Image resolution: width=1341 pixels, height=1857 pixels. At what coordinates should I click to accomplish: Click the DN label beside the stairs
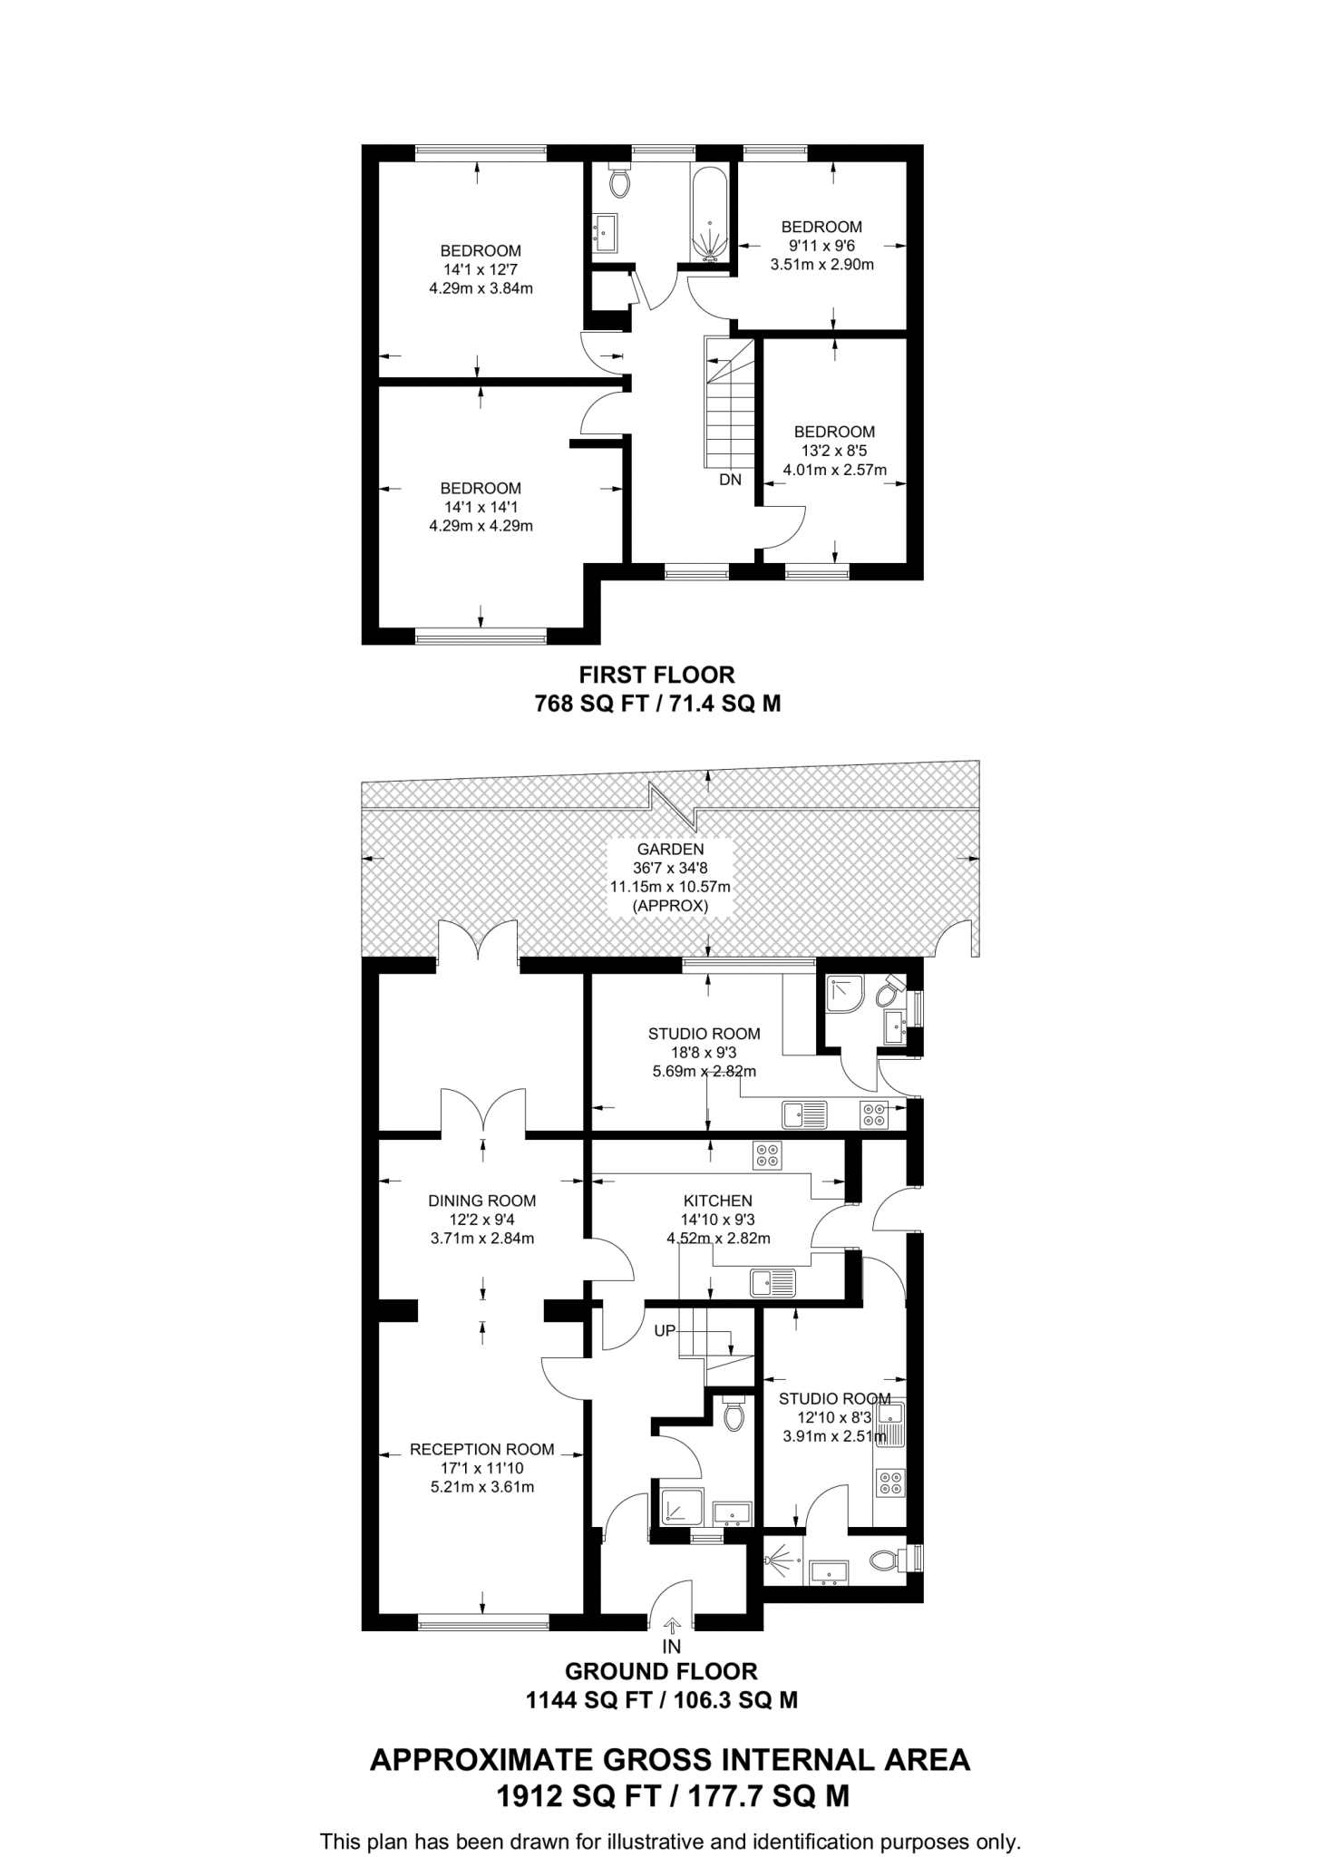(x=730, y=480)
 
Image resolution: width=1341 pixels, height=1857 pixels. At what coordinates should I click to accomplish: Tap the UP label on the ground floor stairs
(x=666, y=1331)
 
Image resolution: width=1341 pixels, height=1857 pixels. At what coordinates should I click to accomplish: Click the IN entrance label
(x=671, y=1646)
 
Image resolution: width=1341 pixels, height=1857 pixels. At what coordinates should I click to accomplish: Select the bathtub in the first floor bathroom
(x=710, y=215)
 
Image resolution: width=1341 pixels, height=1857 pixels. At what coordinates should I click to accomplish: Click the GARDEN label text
(x=670, y=850)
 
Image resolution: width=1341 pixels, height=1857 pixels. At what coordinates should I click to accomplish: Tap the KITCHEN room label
(x=717, y=1201)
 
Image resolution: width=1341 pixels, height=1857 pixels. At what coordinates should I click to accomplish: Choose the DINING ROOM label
(x=482, y=1201)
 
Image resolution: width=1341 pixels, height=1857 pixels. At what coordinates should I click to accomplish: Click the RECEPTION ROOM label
(x=482, y=1449)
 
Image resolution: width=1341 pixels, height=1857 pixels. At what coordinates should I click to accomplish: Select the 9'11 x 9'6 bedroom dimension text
(x=821, y=246)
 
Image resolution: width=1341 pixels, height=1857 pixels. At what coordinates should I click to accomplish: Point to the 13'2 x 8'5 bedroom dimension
(x=834, y=451)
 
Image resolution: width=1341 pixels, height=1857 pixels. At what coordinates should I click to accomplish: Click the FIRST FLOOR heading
(x=657, y=675)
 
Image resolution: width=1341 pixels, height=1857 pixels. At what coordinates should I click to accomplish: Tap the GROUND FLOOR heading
(x=661, y=1670)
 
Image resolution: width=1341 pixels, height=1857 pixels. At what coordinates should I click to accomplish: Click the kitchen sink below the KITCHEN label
(x=773, y=1282)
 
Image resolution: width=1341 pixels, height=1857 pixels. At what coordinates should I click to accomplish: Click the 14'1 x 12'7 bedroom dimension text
(x=481, y=270)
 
